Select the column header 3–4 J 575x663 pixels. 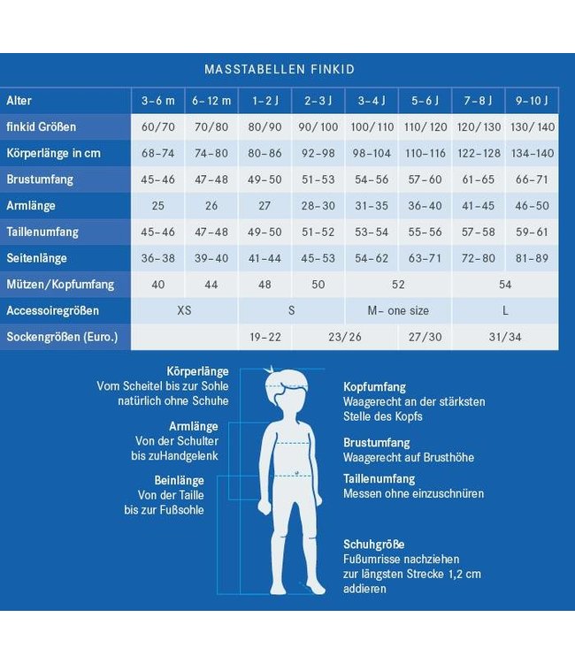372,100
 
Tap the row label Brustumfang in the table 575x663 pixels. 40,179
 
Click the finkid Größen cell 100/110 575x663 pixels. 372,126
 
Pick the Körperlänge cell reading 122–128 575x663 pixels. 479,153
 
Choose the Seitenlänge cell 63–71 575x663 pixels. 425,258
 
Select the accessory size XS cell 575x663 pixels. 184,311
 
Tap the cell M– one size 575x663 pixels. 398,311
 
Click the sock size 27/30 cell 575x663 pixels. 425,337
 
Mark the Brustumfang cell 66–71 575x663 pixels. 533,179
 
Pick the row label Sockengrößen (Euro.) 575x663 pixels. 62,337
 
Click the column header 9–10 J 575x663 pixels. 533,100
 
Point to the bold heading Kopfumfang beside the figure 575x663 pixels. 374,387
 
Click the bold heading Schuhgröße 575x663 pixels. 373,545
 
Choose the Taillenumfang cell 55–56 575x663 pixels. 425,232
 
